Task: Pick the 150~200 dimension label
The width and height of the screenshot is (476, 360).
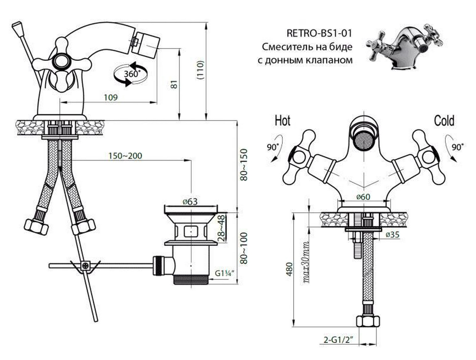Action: click(x=125, y=156)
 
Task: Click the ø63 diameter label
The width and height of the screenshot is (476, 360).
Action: click(x=190, y=202)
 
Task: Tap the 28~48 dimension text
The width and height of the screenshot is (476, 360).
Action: click(x=221, y=229)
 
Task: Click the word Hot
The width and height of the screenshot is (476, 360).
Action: click(x=282, y=121)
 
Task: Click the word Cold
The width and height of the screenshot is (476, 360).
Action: click(x=444, y=121)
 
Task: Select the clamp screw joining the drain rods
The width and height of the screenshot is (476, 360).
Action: click(x=85, y=265)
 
